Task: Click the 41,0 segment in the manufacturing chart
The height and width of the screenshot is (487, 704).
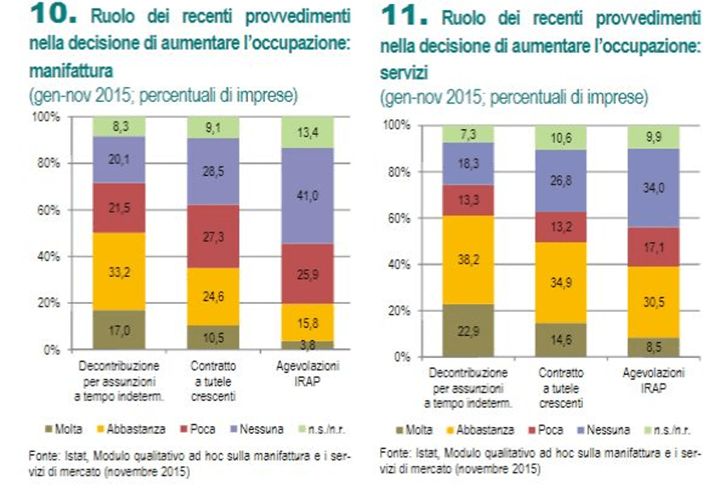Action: pos(307,197)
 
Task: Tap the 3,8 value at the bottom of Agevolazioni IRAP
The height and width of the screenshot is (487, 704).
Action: pos(307,345)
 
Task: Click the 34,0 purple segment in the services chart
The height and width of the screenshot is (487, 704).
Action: pos(653,187)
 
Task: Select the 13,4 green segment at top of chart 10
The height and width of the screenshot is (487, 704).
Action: pos(307,131)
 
